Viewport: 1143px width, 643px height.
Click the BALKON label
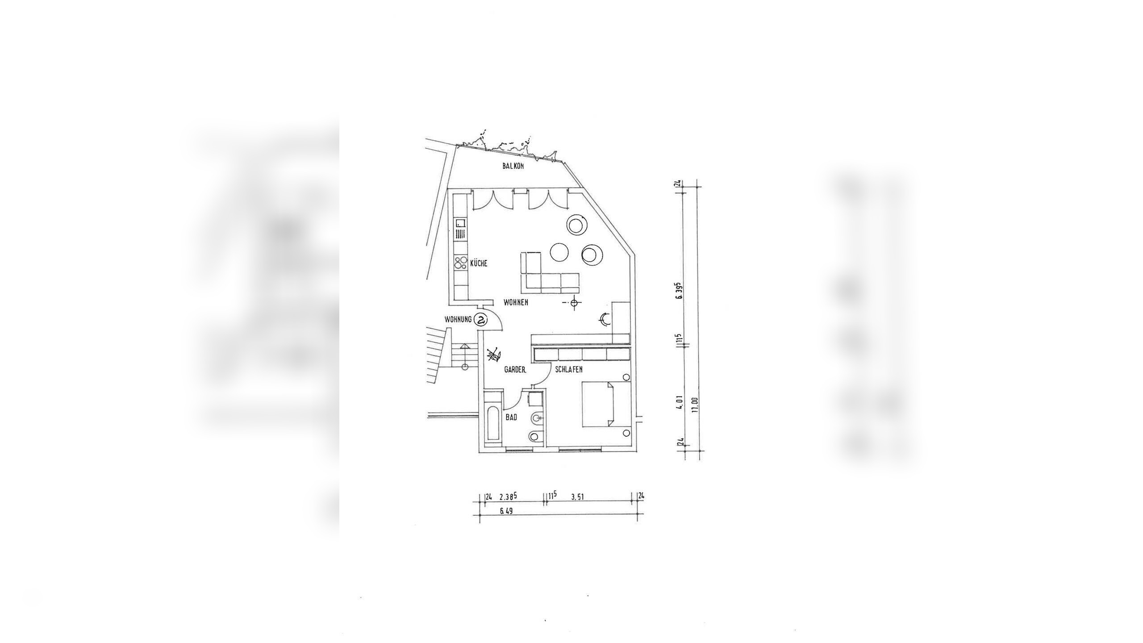tap(513, 166)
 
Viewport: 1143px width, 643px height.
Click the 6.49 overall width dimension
tap(505, 512)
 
